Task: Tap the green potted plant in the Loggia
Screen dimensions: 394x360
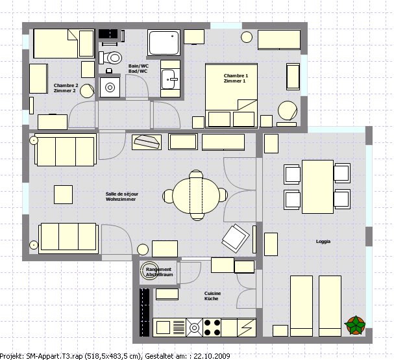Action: pos(356,326)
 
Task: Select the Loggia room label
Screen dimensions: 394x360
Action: pos(323,242)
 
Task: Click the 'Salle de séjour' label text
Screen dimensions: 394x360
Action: pos(122,194)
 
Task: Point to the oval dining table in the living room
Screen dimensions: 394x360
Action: pos(196,196)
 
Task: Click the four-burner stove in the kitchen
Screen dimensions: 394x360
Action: pos(212,328)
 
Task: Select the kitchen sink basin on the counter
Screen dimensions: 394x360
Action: pos(163,328)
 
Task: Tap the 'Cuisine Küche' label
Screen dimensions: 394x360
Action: pos(212,296)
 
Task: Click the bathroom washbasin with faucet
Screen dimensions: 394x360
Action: pos(170,79)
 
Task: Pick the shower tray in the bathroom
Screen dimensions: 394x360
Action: pos(164,42)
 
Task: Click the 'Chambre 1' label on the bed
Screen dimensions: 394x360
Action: pos(236,76)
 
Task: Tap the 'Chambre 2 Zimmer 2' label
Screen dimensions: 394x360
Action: pos(66,88)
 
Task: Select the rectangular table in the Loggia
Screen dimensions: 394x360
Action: pos(317,187)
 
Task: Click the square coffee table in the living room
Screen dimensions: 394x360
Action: pos(64,195)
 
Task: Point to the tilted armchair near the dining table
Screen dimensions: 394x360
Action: pos(236,238)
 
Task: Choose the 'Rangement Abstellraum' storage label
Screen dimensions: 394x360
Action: pos(159,272)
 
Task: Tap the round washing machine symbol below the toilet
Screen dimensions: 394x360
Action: pos(110,88)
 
